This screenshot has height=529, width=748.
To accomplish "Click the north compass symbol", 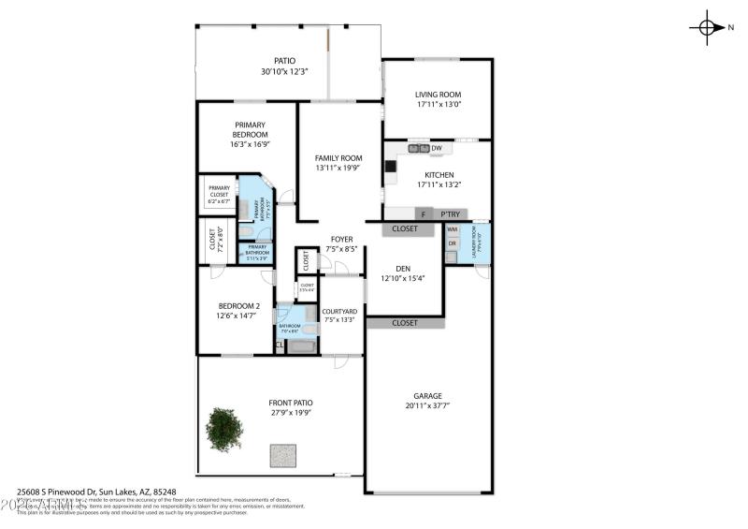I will point(708,27).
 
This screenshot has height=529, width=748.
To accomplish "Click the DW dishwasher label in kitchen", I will point(437,148).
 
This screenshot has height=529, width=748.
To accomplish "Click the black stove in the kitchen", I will point(390,167).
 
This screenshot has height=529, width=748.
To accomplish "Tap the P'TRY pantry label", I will point(451,214).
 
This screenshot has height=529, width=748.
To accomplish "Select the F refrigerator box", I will point(424,214).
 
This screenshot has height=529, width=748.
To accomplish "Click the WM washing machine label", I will point(453,229).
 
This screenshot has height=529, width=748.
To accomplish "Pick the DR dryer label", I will point(453,243).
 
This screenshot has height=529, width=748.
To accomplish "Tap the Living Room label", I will point(439,95).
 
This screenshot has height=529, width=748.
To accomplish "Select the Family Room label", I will point(338,158).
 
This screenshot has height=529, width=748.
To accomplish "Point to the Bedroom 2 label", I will point(238,306).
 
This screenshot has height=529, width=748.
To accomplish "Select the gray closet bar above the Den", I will point(405,228).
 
